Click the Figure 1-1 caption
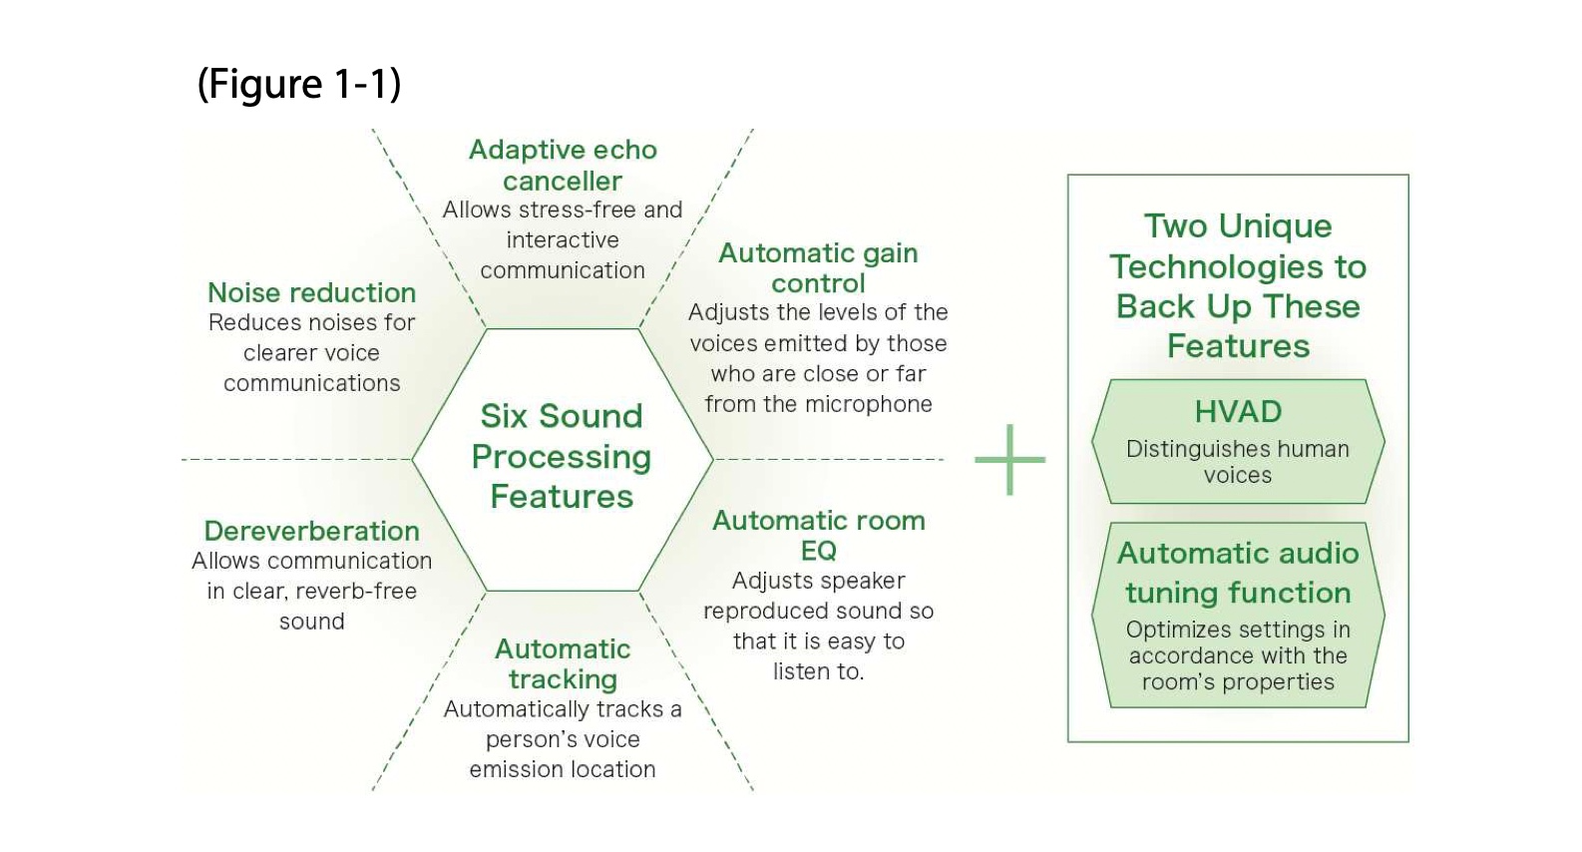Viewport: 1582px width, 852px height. pyautogui.click(x=299, y=84)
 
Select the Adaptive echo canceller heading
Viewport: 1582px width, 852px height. pyautogui.click(x=563, y=165)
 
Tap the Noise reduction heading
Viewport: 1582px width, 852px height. pyautogui.click(x=311, y=292)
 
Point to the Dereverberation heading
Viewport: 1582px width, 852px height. pyautogui.click(x=311, y=531)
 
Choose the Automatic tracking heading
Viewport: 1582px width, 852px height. pyautogui.click(x=563, y=663)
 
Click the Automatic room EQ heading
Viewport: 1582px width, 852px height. pyautogui.click(x=818, y=535)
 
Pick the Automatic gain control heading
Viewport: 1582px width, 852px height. pyautogui.click(x=818, y=267)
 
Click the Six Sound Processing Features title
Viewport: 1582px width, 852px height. pyautogui.click(x=562, y=456)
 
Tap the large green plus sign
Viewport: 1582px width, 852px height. pyautogui.click(x=1009, y=460)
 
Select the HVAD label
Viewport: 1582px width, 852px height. pyautogui.click(x=1238, y=412)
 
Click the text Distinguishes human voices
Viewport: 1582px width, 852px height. pyautogui.click(x=1238, y=462)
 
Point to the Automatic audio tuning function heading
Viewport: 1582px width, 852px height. pyautogui.click(x=1238, y=573)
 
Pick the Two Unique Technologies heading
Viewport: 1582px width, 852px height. pyautogui.click(x=1238, y=285)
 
